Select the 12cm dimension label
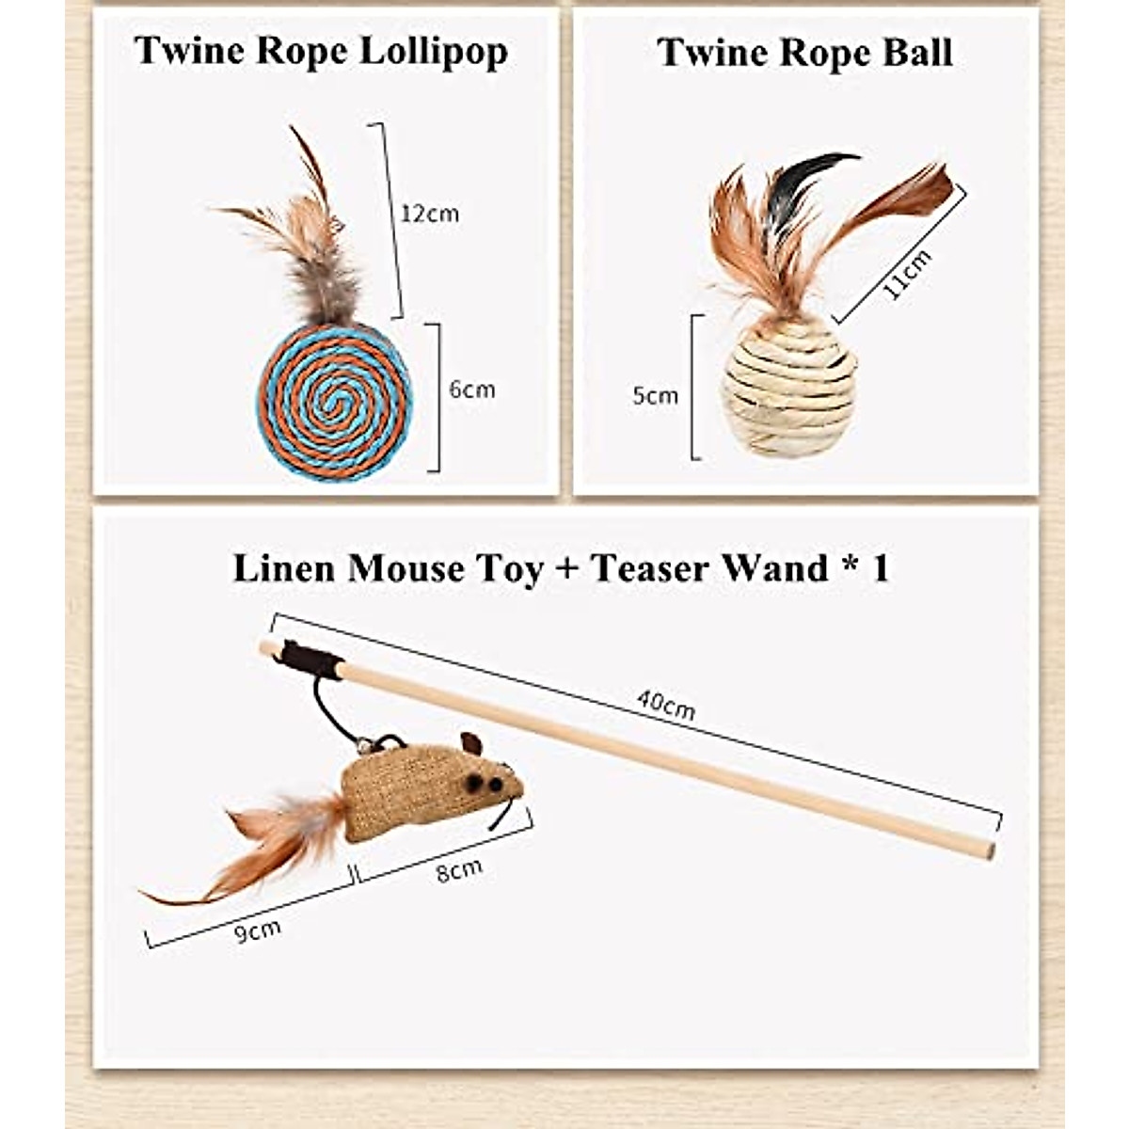[x=430, y=214]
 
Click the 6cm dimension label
[x=471, y=390]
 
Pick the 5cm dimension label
[x=655, y=395]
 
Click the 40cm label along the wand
[x=665, y=704]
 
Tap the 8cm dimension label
[x=459, y=871]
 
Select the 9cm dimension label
[x=258, y=931]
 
